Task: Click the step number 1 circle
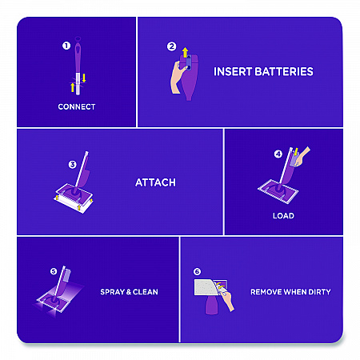pyautogui.click(x=66, y=46)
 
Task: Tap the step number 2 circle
pyautogui.click(x=171, y=46)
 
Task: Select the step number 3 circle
pyautogui.click(x=73, y=165)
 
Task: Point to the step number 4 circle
pyautogui.click(x=278, y=154)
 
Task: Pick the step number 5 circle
pyautogui.click(x=54, y=271)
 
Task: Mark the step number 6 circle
pyautogui.click(x=197, y=271)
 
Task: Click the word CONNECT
pyautogui.click(x=77, y=106)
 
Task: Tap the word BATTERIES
pyautogui.click(x=284, y=71)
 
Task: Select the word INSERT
pyautogui.click(x=233, y=71)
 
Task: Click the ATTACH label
pyautogui.click(x=155, y=182)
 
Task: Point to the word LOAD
pyautogui.click(x=283, y=215)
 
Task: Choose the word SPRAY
pyautogui.click(x=113, y=292)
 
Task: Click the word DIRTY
pyautogui.click(x=319, y=292)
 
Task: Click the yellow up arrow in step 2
pyautogui.click(x=185, y=52)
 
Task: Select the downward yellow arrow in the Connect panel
pyautogui.click(x=84, y=78)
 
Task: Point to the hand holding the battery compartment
pyautogui.click(x=178, y=78)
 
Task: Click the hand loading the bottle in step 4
pyautogui.click(x=302, y=158)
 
